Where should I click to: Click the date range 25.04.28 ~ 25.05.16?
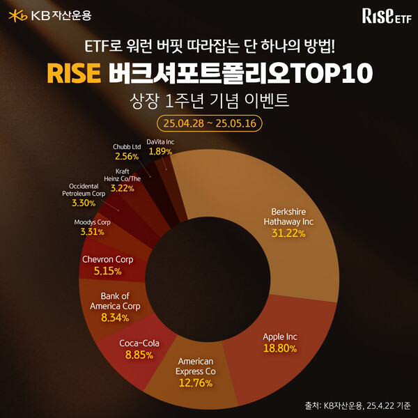pyautogui.click(x=209, y=124)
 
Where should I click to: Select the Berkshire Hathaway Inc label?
pyautogui.click(x=292, y=216)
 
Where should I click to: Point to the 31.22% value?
pyautogui.click(x=292, y=234)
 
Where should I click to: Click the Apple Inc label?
pyautogui.click(x=280, y=336)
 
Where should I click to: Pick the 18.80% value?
pyautogui.click(x=280, y=348)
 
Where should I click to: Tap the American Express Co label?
pyautogui.click(x=195, y=366)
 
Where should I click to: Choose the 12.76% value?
pyautogui.click(x=195, y=383)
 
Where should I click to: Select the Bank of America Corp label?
pyautogui.click(x=116, y=301)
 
